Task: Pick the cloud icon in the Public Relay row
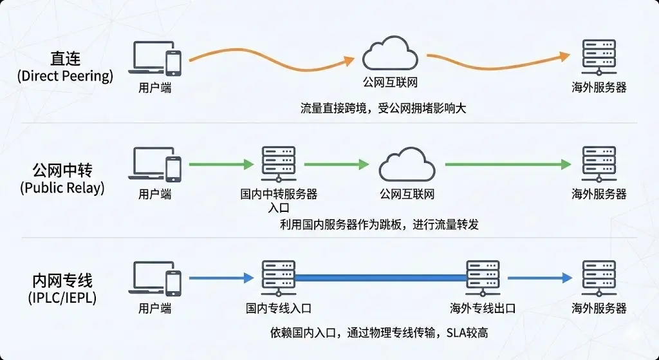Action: pyautogui.click(x=403, y=165)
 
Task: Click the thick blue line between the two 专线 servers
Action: pyautogui.click(x=381, y=278)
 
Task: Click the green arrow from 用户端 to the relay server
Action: pyautogui.click(x=221, y=165)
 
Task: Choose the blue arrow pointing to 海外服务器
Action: pyautogui.click(x=539, y=278)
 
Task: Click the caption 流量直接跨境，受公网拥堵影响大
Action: pyautogui.click(x=383, y=108)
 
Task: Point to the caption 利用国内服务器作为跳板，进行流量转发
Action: pyautogui.click(x=380, y=225)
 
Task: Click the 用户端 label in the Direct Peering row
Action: pyautogui.click(x=155, y=88)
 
